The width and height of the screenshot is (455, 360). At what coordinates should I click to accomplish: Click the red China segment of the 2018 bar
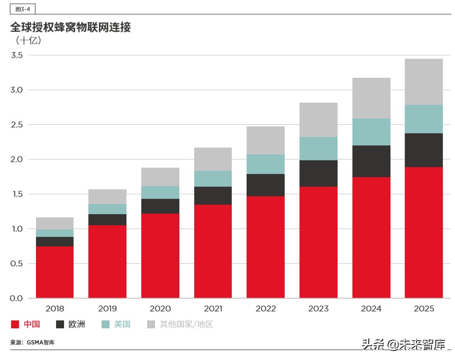pos(54,272)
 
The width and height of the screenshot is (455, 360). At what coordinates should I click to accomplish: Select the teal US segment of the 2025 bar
pos(424,119)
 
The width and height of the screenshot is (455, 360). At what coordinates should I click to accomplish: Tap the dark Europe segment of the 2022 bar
pos(266,185)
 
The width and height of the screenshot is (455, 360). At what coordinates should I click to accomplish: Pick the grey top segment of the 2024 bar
pos(371,98)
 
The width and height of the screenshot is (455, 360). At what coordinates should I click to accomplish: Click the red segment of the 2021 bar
pos(213,251)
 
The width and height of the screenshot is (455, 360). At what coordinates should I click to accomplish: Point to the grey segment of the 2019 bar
pos(107,197)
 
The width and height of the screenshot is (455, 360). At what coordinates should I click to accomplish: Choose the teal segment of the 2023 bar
pos(319,149)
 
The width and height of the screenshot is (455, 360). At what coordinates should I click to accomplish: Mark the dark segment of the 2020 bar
pos(160,206)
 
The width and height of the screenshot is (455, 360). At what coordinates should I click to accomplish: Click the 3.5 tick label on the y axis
pos(17,55)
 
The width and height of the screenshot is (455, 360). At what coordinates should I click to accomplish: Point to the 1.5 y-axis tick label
pos(17,194)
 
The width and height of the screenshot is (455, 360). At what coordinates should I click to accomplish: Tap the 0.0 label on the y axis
pos(17,298)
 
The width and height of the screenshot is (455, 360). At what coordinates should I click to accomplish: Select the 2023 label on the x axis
pos(319,309)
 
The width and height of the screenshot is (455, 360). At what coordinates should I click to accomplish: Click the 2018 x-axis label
pos(54,309)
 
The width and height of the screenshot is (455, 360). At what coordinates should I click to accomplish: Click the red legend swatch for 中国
pos(15,324)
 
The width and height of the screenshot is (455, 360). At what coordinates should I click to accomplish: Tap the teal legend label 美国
pos(122,324)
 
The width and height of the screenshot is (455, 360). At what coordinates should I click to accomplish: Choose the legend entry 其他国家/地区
pos(186,324)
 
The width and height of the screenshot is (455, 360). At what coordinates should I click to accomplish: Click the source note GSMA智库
pos(41,343)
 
